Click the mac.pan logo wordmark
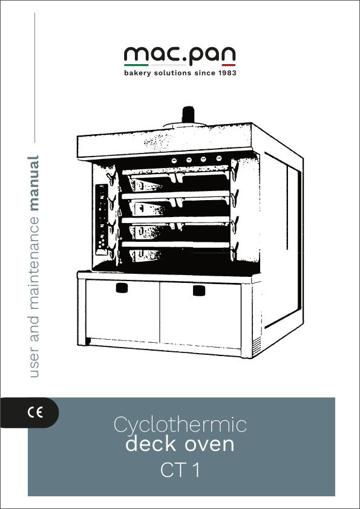point(180,55)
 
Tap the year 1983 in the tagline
point(227,73)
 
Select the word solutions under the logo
point(172,73)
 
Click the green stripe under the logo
point(136,65)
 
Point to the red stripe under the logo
point(229,65)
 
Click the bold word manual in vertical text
point(34,183)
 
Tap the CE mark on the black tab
point(35,413)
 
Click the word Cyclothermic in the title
point(180,425)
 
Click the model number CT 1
point(180,470)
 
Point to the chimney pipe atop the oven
point(188,115)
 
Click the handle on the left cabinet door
point(122,288)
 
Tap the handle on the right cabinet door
point(199,290)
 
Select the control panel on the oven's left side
point(102,220)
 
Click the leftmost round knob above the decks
point(174,160)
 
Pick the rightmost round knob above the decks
point(218,158)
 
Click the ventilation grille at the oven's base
point(257,344)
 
